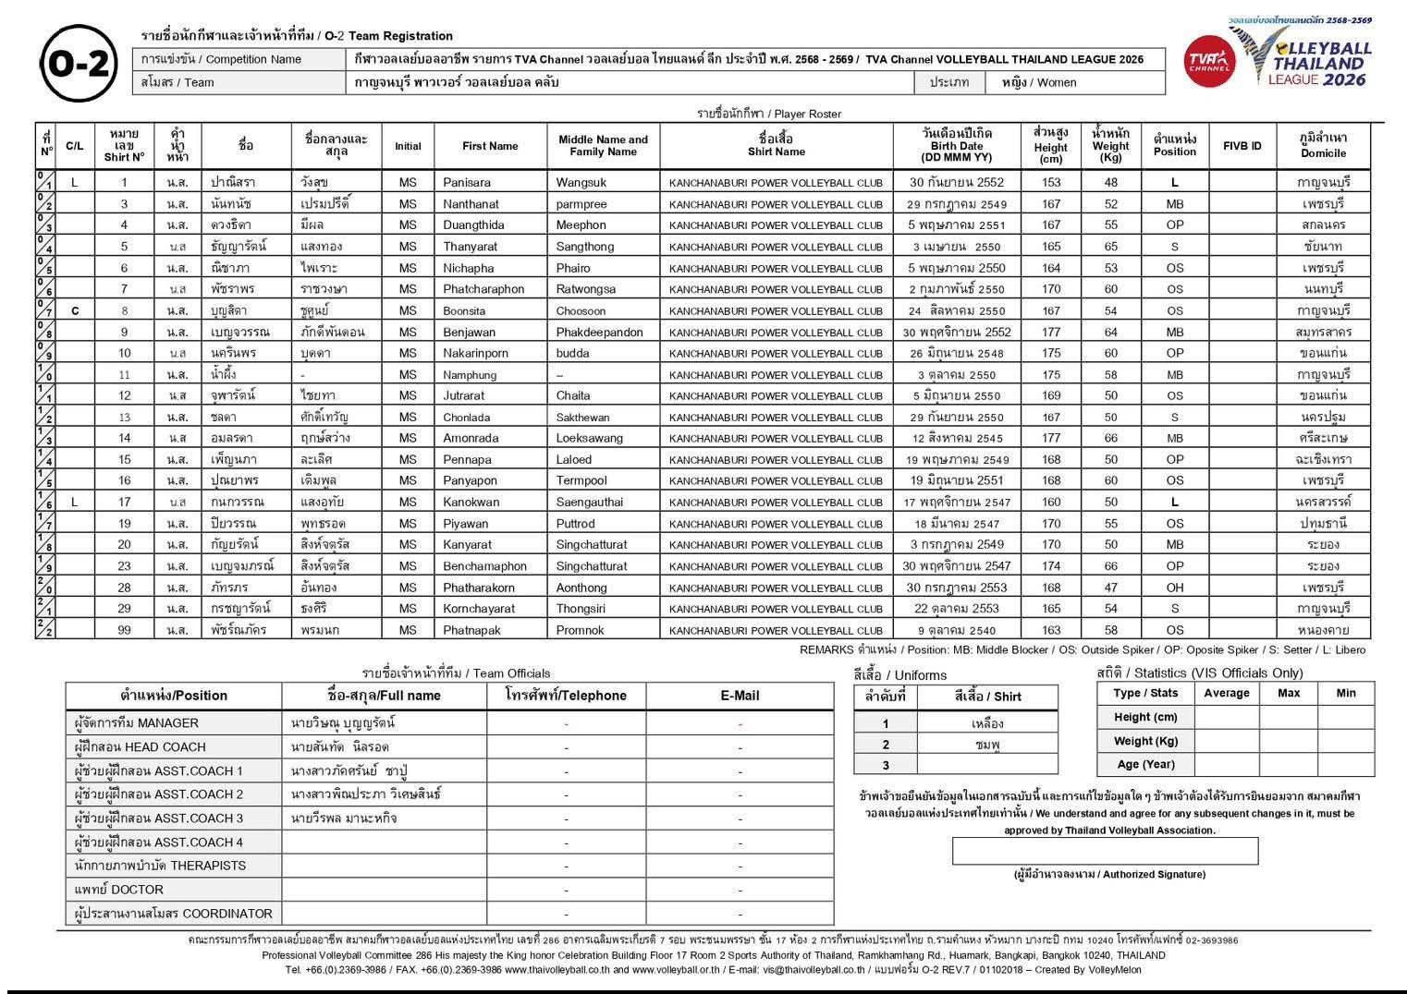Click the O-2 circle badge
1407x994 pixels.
click(x=80, y=63)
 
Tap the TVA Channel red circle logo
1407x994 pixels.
click(x=1209, y=61)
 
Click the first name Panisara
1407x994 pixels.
click(x=467, y=182)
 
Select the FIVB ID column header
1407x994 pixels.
click(x=1242, y=146)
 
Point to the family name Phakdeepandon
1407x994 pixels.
click(x=599, y=332)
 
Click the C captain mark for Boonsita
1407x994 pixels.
click(x=75, y=310)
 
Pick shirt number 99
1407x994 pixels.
click(x=124, y=630)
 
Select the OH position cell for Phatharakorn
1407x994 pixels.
click(x=1174, y=588)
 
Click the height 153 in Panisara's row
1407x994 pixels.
click(x=1051, y=182)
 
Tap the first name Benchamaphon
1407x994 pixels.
click(x=484, y=566)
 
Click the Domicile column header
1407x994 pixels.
click(x=1323, y=146)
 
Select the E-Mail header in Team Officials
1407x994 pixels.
click(x=740, y=696)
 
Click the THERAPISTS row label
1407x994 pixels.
click(x=160, y=866)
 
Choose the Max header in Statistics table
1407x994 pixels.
click(x=1288, y=693)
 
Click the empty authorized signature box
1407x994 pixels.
click(x=1105, y=851)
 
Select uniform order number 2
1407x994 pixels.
click(x=886, y=745)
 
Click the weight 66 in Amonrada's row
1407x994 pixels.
click(x=1110, y=438)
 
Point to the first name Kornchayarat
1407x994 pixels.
click(x=479, y=609)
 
